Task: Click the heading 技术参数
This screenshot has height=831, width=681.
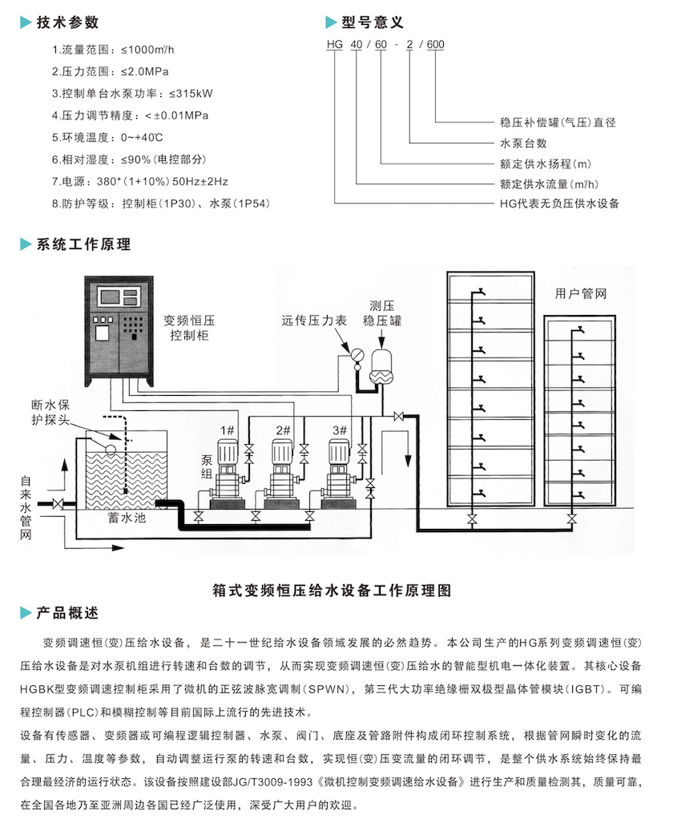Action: pyautogui.click(x=67, y=22)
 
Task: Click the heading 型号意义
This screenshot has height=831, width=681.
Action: pyautogui.click(x=373, y=22)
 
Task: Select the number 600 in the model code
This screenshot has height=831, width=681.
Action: pyautogui.click(x=435, y=45)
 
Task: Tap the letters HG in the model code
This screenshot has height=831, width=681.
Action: pyautogui.click(x=335, y=45)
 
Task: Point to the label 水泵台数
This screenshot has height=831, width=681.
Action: pyautogui.click(x=524, y=143)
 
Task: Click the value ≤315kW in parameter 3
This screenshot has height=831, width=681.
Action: pyautogui.click(x=191, y=94)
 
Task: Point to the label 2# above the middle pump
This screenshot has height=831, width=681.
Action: pyautogui.click(x=283, y=430)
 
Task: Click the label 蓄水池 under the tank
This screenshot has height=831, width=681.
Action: pyautogui.click(x=127, y=518)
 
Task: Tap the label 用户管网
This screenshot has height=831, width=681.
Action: pyautogui.click(x=580, y=293)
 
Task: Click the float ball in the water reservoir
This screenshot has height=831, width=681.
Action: pyautogui.click(x=111, y=449)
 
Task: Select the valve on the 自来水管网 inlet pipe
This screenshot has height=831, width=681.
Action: pyautogui.click(x=58, y=504)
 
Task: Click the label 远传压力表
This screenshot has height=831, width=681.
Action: pyautogui.click(x=314, y=320)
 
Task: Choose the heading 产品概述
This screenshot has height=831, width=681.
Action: pyautogui.click(x=67, y=613)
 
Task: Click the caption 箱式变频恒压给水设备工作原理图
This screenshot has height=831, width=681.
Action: pyautogui.click(x=332, y=591)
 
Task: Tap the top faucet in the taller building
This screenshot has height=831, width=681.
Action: pyautogui.click(x=482, y=292)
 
